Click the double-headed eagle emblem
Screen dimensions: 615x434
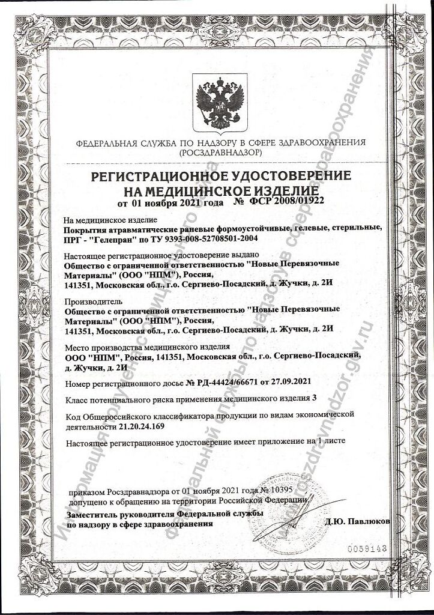(x=220, y=103)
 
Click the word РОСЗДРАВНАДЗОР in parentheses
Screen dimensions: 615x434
(x=219, y=154)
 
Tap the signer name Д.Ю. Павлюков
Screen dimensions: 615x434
(x=357, y=521)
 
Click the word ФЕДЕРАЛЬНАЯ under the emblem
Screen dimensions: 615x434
(x=107, y=143)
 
